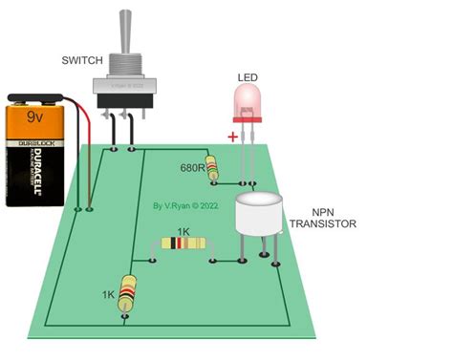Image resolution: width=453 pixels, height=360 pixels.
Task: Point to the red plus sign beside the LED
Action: pos(231,136)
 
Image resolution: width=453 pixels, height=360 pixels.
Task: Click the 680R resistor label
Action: pos(191,169)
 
